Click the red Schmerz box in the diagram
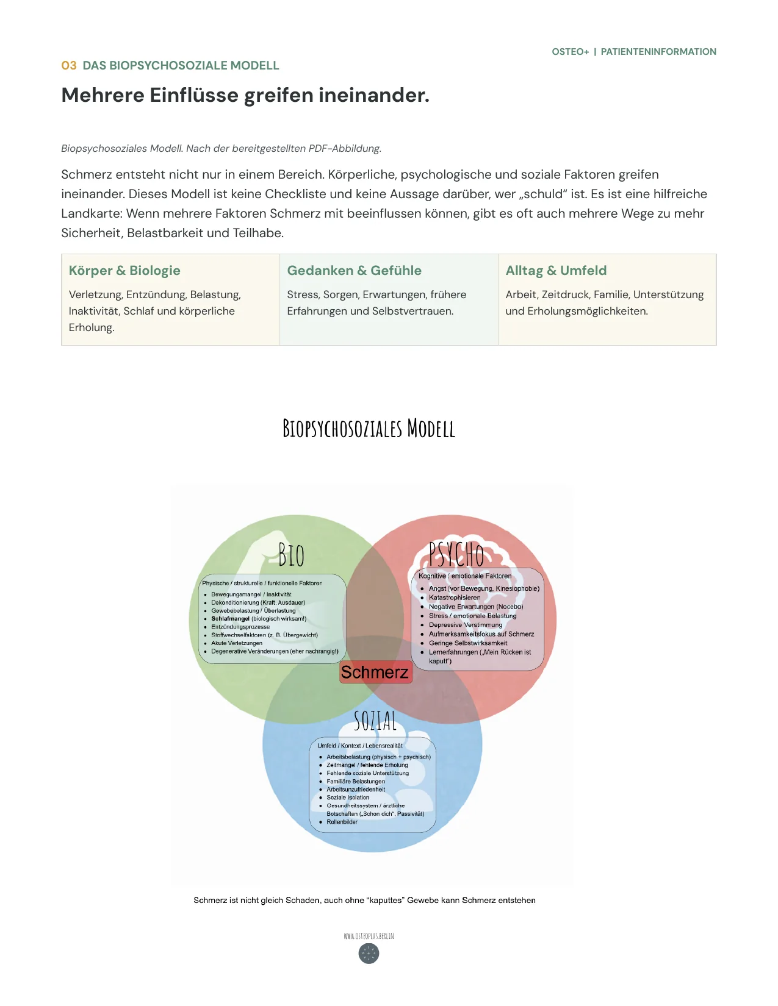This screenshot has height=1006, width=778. (375, 672)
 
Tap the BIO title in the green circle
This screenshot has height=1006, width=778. (291, 555)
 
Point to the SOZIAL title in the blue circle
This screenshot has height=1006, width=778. (375, 721)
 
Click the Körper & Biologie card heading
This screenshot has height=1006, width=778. (124, 270)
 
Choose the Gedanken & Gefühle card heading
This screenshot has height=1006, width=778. (354, 270)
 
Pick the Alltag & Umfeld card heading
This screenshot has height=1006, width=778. (555, 270)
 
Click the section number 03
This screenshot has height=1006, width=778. (68, 65)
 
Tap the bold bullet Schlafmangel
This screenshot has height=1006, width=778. (230, 618)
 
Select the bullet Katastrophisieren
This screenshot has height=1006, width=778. (454, 598)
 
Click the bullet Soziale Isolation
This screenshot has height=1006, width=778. (348, 797)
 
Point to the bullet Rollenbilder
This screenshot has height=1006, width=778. (342, 822)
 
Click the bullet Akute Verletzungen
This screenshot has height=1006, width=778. (237, 643)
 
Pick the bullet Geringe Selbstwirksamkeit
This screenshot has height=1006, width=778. (467, 643)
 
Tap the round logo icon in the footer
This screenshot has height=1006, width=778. (369, 953)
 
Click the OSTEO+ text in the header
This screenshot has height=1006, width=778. (570, 52)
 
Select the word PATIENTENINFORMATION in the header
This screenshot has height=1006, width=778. (658, 52)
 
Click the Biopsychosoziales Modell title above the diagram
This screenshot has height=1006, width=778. (369, 428)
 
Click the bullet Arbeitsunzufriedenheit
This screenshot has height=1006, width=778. (355, 790)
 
